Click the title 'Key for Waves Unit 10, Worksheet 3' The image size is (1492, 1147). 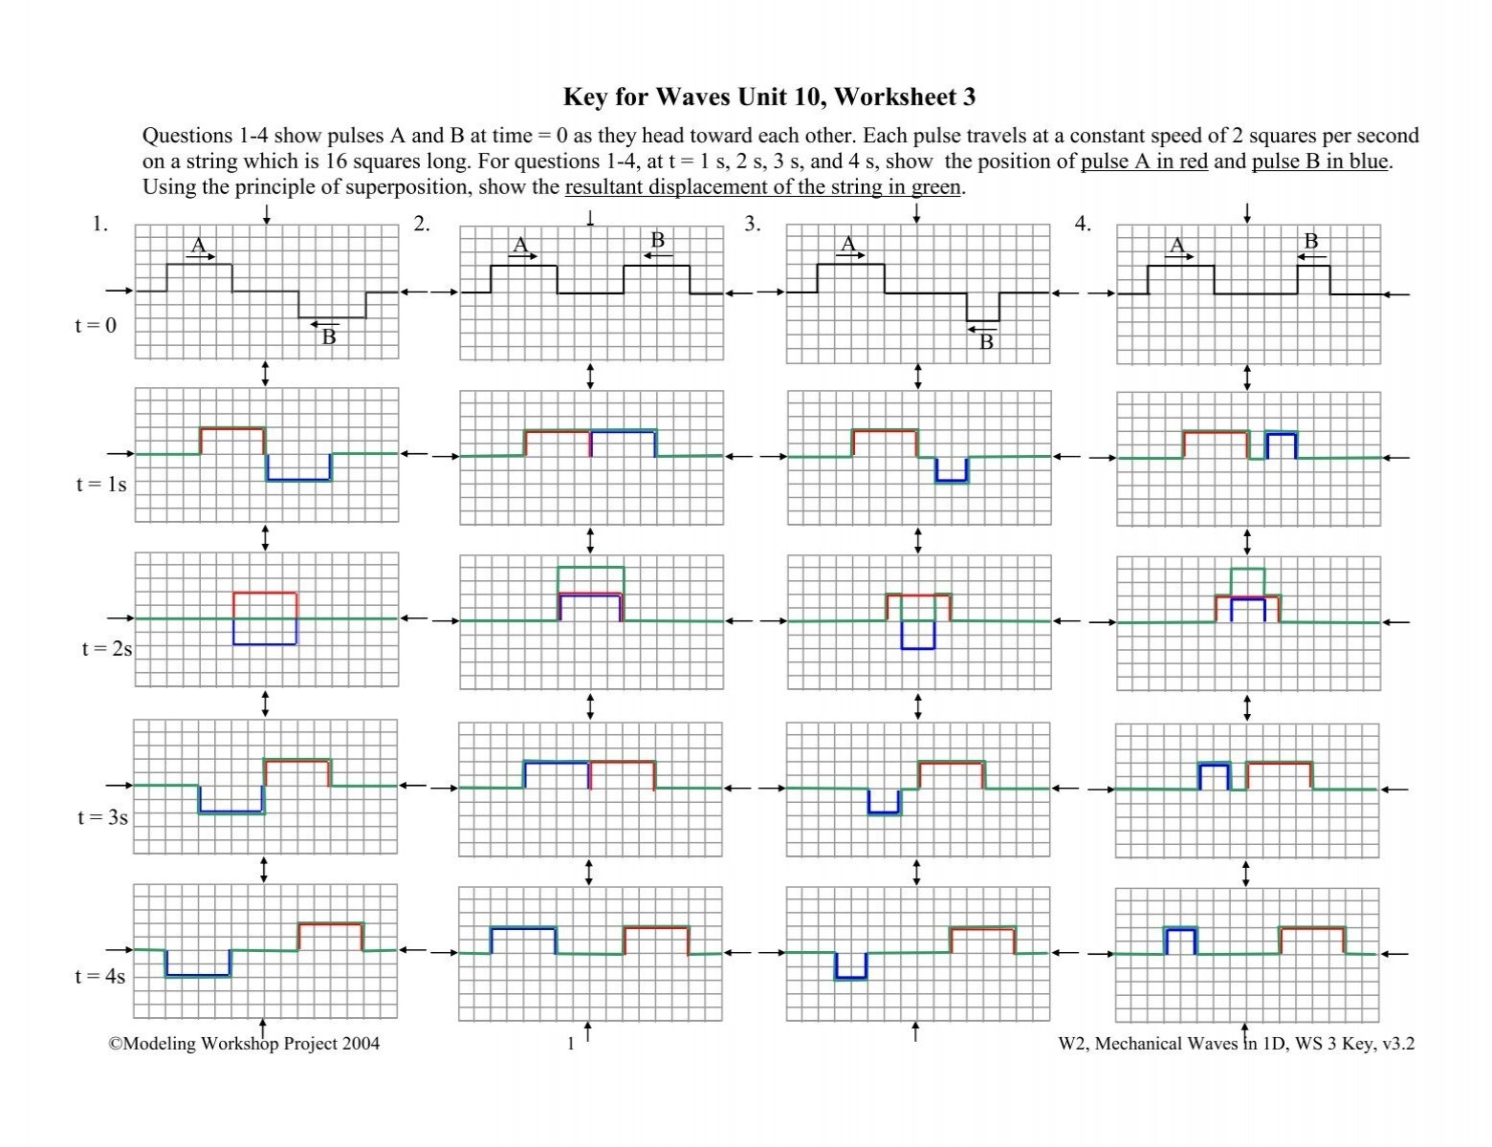tap(769, 97)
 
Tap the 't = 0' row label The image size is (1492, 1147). tap(96, 326)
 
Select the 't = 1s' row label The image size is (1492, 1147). tap(101, 485)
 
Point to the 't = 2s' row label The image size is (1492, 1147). tap(107, 649)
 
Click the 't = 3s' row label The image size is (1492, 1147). tap(102, 817)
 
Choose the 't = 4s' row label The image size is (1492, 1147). tap(100, 977)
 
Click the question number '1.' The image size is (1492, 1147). tap(100, 225)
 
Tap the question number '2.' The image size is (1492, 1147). tap(422, 225)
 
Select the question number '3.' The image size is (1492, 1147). tap(753, 225)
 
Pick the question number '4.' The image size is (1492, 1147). tap(1083, 225)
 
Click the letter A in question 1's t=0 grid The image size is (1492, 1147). tap(198, 245)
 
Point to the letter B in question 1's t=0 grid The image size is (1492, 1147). tap(328, 336)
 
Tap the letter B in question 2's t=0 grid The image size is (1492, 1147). tap(657, 240)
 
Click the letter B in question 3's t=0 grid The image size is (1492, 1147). tap(986, 341)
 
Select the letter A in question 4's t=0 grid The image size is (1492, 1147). tap(1177, 245)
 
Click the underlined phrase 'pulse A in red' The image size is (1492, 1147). tap(1144, 162)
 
